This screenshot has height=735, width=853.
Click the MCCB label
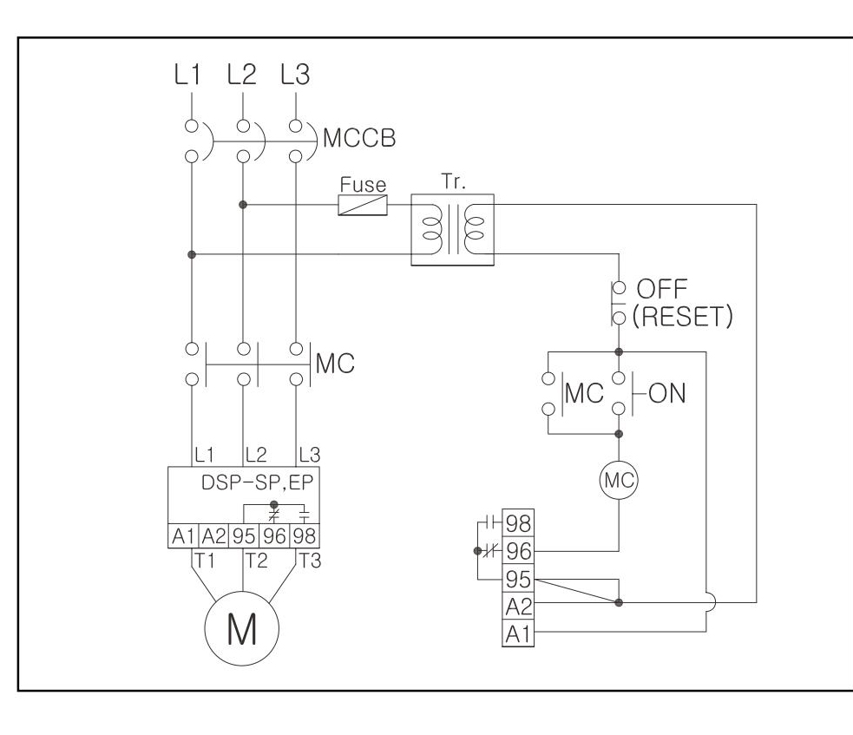pyautogui.click(x=359, y=138)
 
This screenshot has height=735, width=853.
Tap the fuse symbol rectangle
pyautogui.click(x=363, y=205)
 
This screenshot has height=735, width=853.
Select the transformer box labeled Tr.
pyautogui.click(x=453, y=230)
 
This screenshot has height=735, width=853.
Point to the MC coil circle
pyautogui.click(x=619, y=481)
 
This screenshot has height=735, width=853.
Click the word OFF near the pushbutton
pyautogui.click(x=662, y=289)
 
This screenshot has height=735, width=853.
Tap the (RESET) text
pyautogui.click(x=683, y=317)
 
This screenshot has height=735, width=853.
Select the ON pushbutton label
pyautogui.click(x=667, y=393)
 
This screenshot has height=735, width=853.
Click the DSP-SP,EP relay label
pyautogui.click(x=258, y=482)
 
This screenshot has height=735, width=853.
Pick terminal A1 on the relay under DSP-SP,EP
pyautogui.click(x=183, y=536)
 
